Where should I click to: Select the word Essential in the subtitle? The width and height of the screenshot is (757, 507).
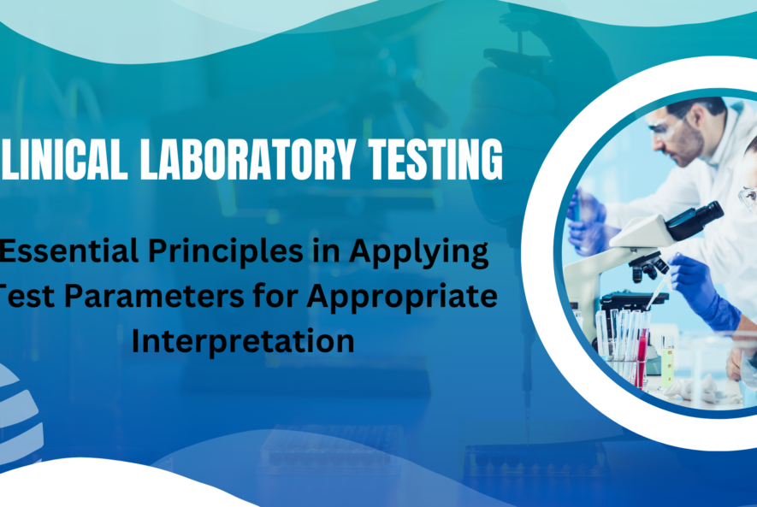(73, 254)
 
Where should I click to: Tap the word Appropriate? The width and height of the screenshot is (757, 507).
(407, 298)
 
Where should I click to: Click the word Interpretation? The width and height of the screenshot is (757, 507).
(243, 340)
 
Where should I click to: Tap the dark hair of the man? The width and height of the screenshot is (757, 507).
(697, 107)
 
